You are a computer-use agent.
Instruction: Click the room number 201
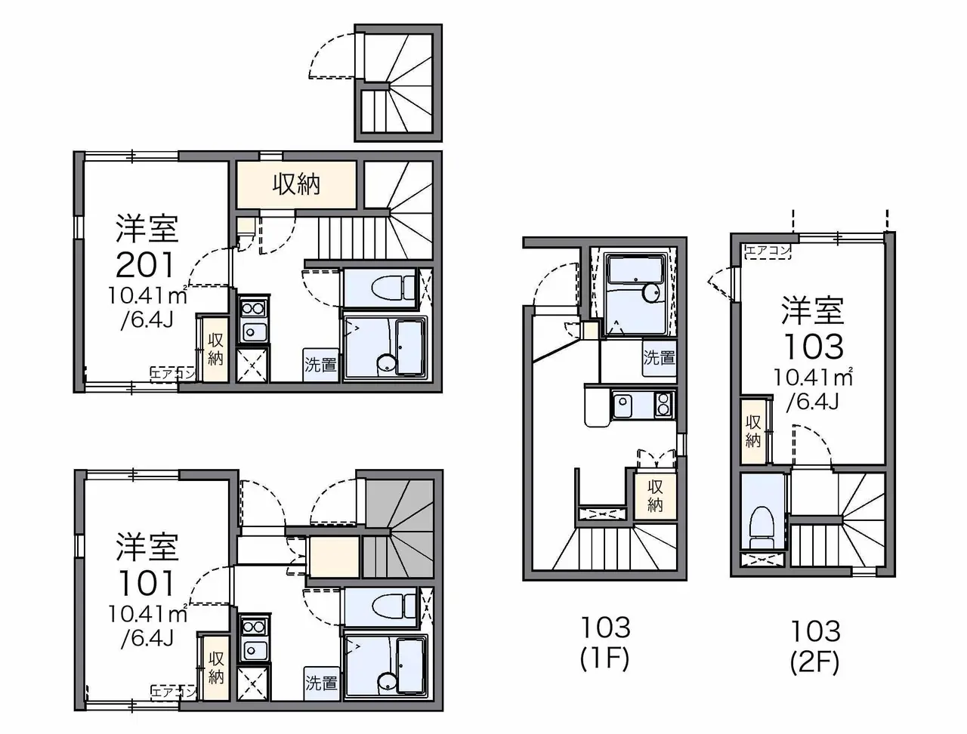[145, 264]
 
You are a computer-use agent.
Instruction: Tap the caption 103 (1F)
[606, 643]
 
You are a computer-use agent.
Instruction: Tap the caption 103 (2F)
[815, 646]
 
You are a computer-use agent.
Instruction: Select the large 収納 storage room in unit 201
[296, 184]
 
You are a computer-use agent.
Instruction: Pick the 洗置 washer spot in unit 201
[321, 365]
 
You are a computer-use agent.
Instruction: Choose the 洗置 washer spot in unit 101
[321, 683]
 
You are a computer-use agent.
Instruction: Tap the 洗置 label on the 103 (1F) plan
[659, 357]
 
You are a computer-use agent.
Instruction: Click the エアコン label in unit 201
[173, 375]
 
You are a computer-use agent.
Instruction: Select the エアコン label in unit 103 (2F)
[768, 251]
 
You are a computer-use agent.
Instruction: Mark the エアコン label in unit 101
[173, 692]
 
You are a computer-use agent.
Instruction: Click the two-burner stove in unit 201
[253, 308]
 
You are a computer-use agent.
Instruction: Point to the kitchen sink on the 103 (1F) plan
[623, 406]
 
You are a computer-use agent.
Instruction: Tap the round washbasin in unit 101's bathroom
[386, 683]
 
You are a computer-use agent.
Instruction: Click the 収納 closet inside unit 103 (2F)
[753, 431]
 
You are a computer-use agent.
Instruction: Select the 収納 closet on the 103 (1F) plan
[655, 495]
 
